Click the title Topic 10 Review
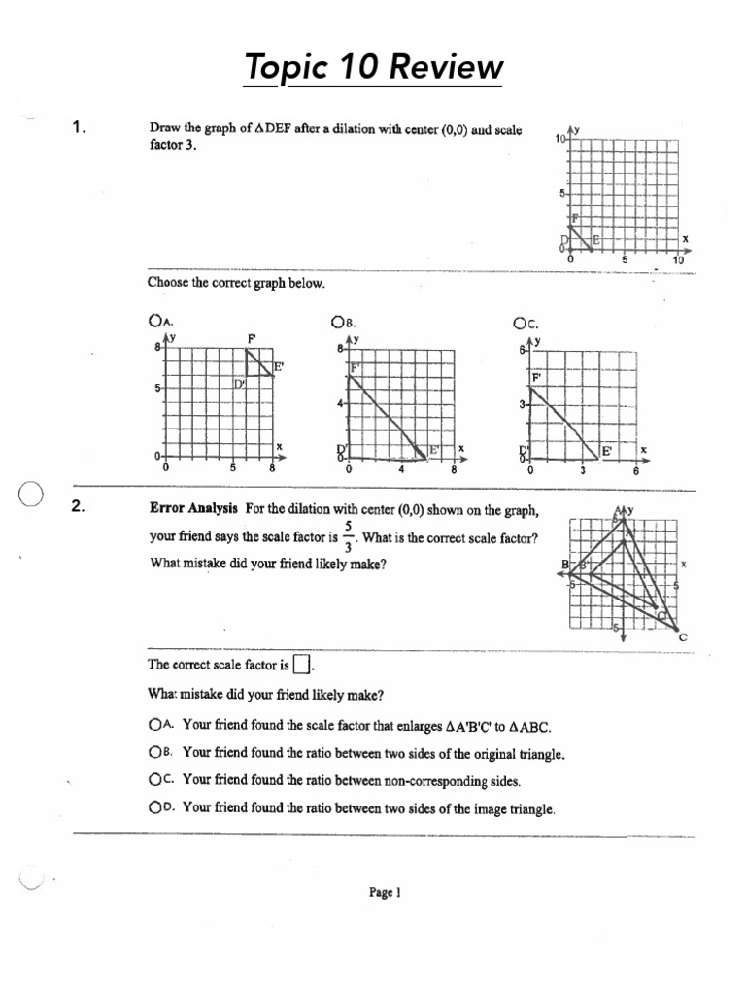pos(374,68)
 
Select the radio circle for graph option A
pos(153,320)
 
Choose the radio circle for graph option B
pos(337,320)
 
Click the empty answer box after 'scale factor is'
pos(302,665)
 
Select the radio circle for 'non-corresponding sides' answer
pos(154,779)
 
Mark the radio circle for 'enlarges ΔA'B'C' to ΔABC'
pos(154,724)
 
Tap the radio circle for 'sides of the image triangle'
pos(154,806)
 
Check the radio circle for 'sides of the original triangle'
pos(154,752)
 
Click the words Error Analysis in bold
pos(193,507)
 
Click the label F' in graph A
pos(252,339)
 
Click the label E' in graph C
pos(607,451)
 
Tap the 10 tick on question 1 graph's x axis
pos(677,260)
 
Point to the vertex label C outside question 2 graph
pos(682,637)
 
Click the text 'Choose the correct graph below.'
pos(236,283)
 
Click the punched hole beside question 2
pos(30,495)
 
